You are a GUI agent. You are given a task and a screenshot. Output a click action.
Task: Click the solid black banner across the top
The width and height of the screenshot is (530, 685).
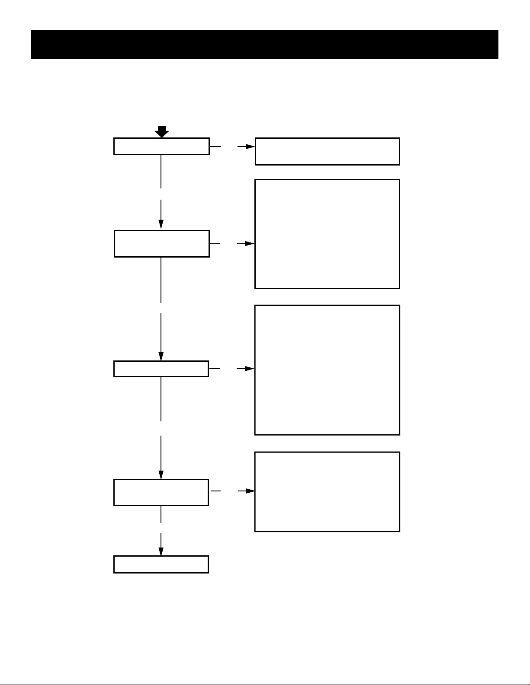click(x=265, y=45)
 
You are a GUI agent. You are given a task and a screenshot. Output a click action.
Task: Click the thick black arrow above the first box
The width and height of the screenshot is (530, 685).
click(x=161, y=132)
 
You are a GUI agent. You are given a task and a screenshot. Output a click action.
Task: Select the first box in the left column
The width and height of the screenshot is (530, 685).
click(x=161, y=147)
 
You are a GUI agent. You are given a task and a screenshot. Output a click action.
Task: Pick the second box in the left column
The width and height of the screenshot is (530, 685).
click(x=161, y=244)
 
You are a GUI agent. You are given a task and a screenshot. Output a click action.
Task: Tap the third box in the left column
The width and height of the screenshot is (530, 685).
click(x=161, y=369)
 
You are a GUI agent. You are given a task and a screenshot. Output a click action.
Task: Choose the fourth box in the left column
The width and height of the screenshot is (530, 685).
click(x=161, y=492)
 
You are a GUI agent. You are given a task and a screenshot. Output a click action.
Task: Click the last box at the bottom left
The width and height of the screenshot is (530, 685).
click(x=161, y=564)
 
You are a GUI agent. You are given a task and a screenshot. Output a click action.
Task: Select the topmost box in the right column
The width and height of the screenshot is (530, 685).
click(x=327, y=151)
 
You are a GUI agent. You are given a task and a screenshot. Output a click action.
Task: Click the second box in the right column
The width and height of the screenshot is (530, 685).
click(x=327, y=234)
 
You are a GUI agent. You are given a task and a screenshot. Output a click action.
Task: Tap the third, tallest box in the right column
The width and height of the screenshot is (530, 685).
click(x=327, y=370)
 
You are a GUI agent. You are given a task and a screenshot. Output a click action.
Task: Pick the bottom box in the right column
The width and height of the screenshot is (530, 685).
click(x=327, y=491)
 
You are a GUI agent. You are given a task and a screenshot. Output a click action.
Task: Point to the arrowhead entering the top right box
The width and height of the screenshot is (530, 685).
click(x=251, y=147)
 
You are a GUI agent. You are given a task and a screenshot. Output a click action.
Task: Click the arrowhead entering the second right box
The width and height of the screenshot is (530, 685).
click(x=250, y=244)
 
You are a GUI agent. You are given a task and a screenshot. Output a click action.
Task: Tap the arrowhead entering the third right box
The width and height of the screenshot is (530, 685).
click(x=250, y=369)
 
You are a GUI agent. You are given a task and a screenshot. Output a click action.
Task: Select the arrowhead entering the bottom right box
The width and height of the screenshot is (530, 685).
click(x=250, y=491)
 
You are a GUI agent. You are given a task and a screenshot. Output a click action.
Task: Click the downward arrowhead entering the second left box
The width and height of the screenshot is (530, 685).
click(x=161, y=224)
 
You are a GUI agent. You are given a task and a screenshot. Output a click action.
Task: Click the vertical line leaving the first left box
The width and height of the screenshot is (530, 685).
click(x=161, y=171)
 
